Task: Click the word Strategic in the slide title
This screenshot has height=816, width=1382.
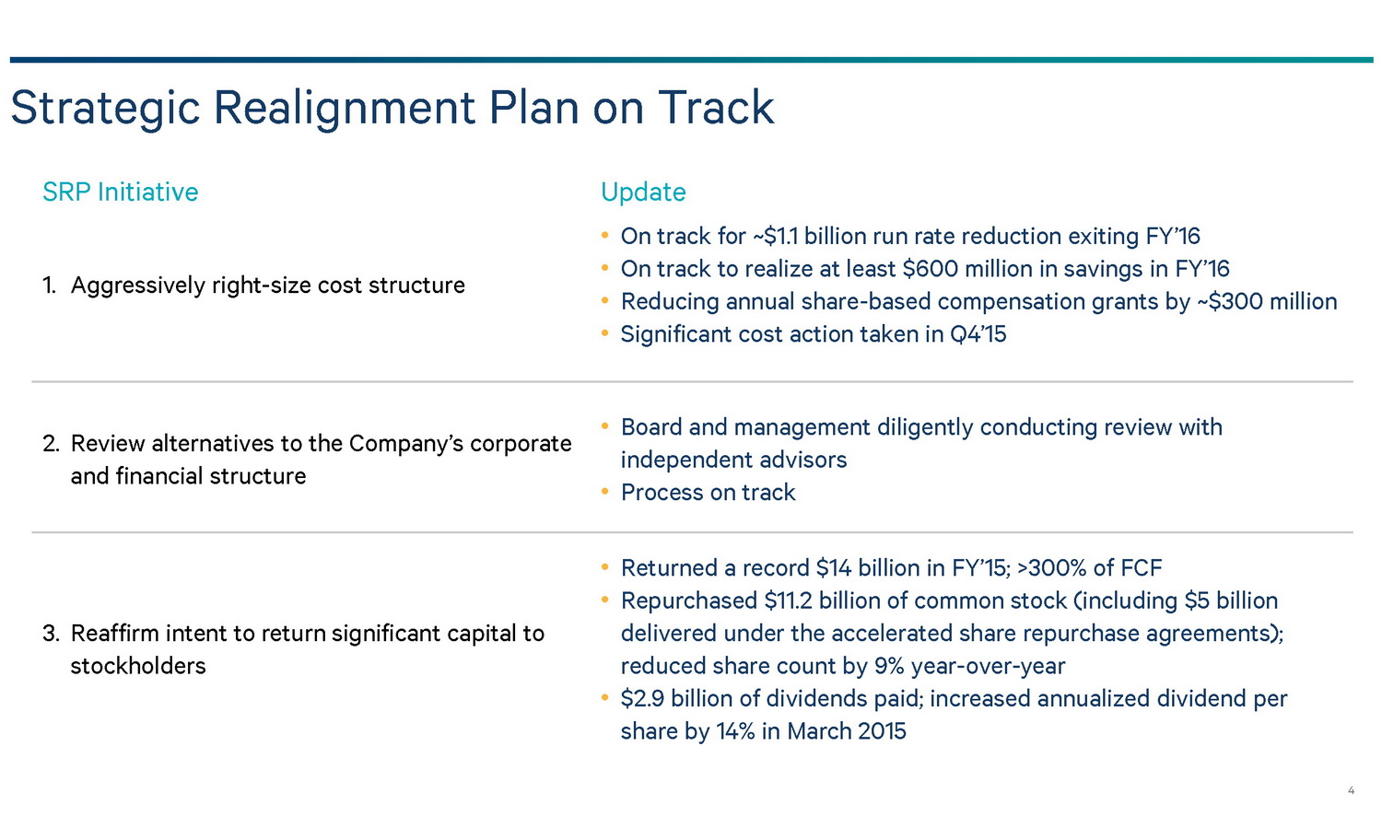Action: click(x=106, y=109)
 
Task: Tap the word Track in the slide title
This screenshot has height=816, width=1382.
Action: click(x=716, y=108)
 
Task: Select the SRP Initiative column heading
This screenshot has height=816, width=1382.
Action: click(x=121, y=192)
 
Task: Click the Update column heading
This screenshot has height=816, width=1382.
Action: click(x=643, y=192)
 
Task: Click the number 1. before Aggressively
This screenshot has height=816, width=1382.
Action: click(x=49, y=286)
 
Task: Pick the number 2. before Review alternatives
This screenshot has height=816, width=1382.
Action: click(x=51, y=444)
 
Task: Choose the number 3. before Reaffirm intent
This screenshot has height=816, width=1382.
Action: click(x=51, y=634)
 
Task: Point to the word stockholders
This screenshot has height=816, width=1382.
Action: click(x=138, y=666)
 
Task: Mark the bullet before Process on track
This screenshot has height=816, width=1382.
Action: click(x=604, y=492)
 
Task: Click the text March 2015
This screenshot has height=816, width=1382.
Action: click(x=847, y=731)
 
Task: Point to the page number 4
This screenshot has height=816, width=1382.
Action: click(x=1352, y=790)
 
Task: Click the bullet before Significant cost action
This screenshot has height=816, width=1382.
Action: click(x=604, y=333)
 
